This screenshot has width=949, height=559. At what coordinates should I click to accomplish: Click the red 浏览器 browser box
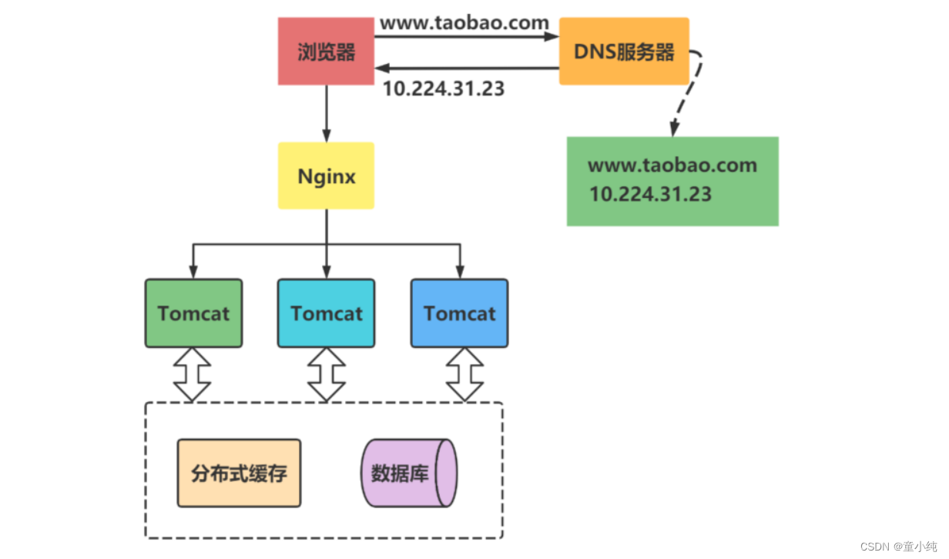coord(326,52)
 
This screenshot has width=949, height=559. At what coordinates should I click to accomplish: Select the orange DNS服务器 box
coord(624,52)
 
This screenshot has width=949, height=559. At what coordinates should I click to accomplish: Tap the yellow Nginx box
coord(326,176)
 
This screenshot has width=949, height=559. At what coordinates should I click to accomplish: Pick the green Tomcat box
coord(193,313)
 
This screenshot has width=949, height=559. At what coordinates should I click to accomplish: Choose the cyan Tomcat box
coord(327,313)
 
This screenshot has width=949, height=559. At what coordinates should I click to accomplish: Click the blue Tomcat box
coord(459,313)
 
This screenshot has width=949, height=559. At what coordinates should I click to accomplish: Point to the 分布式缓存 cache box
coord(239,473)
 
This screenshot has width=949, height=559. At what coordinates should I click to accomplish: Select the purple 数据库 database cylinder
coord(408,473)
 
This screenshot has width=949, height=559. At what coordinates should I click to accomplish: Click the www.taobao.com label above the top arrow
coord(464,22)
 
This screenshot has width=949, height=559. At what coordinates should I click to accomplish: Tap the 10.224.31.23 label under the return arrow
coord(444,89)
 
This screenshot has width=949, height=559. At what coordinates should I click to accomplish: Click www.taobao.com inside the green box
coord(672,165)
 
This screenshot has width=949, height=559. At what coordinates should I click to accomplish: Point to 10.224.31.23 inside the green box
coord(650,193)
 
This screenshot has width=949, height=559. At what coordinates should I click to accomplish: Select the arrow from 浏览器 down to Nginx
coord(327,112)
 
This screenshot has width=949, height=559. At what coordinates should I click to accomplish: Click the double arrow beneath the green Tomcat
coord(192,374)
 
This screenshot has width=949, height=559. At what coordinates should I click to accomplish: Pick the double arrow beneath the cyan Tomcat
coord(327,374)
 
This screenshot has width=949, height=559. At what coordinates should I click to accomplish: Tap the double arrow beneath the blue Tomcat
coord(465,374)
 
